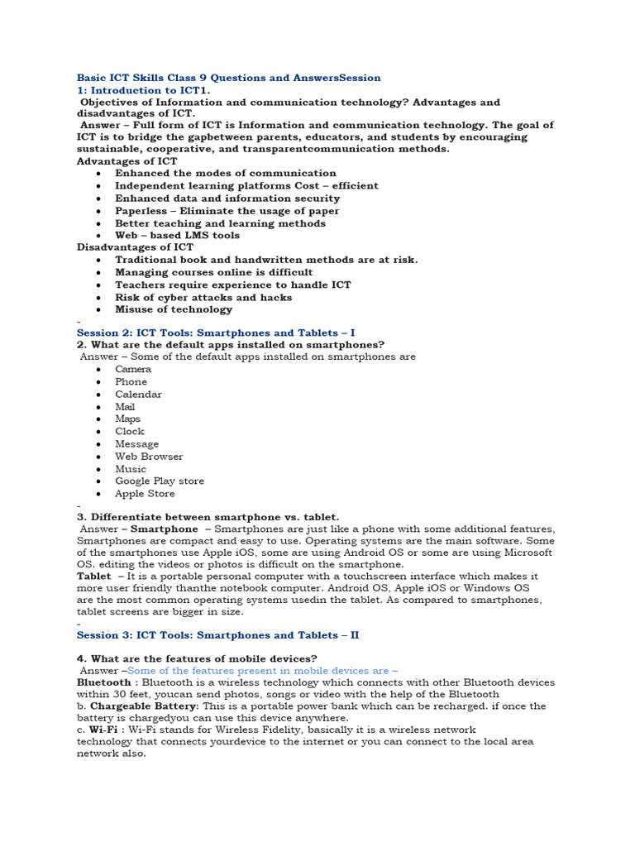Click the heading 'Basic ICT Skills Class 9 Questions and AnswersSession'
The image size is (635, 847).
[229, 78]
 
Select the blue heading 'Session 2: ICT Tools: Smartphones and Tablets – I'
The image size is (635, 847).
[216, 333]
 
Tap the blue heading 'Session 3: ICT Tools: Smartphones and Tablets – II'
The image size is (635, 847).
[217, 635]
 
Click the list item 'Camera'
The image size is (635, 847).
[133, 369]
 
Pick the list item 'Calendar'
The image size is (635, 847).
[138, 394]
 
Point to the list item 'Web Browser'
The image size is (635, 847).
[149, 456]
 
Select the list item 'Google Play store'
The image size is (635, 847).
[160, 481]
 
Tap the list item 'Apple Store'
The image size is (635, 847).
[145, 494]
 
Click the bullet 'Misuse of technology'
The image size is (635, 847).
[174, 309]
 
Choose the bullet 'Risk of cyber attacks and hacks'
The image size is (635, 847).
[203, 297]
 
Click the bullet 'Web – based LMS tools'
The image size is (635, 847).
[177, 235]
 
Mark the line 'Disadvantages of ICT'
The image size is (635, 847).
[135, 247]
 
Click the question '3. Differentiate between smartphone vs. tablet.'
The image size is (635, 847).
[208, 516]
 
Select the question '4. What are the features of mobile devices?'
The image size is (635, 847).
[197, 658]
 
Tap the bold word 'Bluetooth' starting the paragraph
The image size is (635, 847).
[104, 682]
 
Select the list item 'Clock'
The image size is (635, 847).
[130, 431]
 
